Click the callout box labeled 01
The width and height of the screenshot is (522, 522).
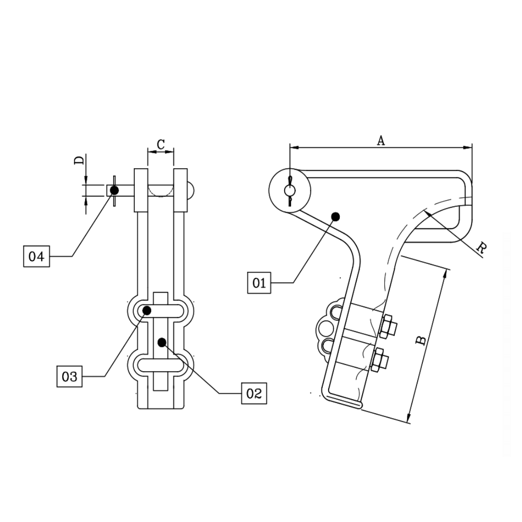pyautogui.click(x=260, y=283)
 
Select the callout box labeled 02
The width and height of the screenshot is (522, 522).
pyautogui.click(x=254, y=393)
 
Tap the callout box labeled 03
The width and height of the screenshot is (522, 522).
pyautogui.click(x=70, y=376)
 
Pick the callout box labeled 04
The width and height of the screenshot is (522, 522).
pyautogui.click(x=36, y=256)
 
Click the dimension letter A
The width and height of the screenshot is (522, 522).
pyautogui.click(x=381, y=140)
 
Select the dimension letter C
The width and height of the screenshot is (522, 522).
pyautogui.click(x=161, y=144)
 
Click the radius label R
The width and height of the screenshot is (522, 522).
pyautogui.click(x=481, y=248)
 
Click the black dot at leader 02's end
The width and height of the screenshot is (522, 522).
pyautogui.click(x=161, y=342)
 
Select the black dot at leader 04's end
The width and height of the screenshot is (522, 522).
pyautogui.click(x=114, y=190)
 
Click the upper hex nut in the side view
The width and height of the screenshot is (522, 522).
pyautogui.click(x=388, y=327)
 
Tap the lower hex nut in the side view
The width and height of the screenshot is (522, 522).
pyautogui.click(x=380, y=359)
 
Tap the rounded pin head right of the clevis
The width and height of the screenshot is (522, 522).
pyautogui.click(x=191, y=190)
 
